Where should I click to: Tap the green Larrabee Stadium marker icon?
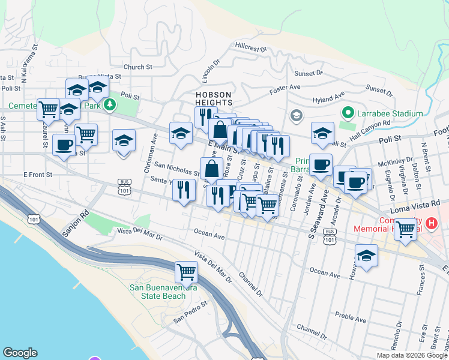[x=347, y=112]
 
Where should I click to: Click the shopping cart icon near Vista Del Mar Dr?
[x=186, y=272]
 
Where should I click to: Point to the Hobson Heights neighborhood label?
[x=213, y=98]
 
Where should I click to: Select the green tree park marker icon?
[x=109, y=106]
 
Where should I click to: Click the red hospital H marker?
[x=431, y=224]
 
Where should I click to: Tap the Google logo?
[x=20, y=353]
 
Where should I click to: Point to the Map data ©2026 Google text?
[x=412, y=355]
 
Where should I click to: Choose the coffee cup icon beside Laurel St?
[x=64, y=144]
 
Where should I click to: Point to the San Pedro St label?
[x=190, y=311]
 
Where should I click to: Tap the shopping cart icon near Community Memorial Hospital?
[x=406, y=228]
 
